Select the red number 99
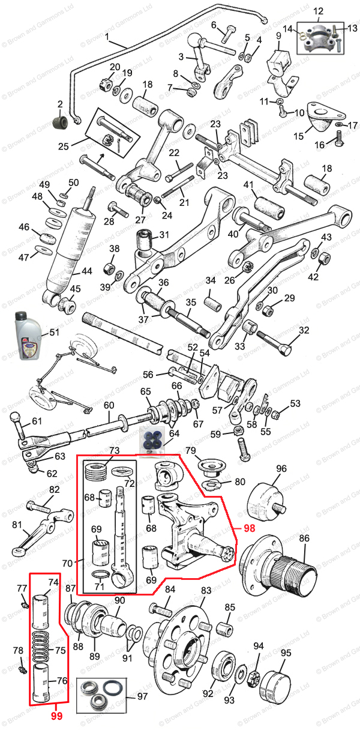pyautogui.click(x=56, y=716)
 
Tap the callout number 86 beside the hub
pyautogui.click(x=304, y=538)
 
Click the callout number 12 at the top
pyautogui.click(x=318, y=11)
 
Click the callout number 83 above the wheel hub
pyautogui.click(x=206, y=591)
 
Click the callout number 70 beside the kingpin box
pyautogui.click(x=67, y=563)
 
